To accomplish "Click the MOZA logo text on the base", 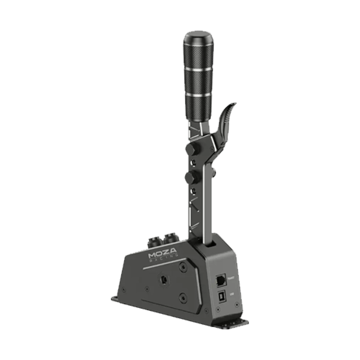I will [164, 256].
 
